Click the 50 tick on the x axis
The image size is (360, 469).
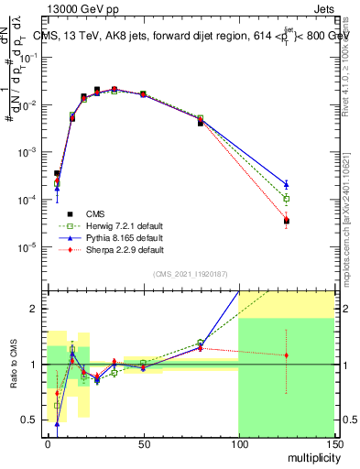coord(142,443)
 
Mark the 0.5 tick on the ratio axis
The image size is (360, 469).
coord(31,420)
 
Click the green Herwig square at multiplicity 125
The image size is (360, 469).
coord(286,199)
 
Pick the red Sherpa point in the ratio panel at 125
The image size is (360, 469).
coord(286,355)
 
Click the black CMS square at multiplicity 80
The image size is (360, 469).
coord(200,122)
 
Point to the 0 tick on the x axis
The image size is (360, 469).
coord(48,443)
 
